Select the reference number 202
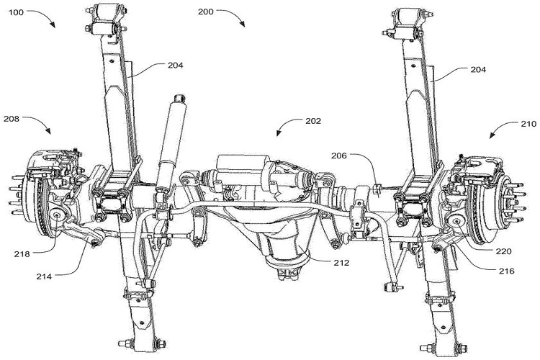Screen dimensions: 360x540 [312, 121]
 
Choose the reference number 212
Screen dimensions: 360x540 [341, 263]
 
